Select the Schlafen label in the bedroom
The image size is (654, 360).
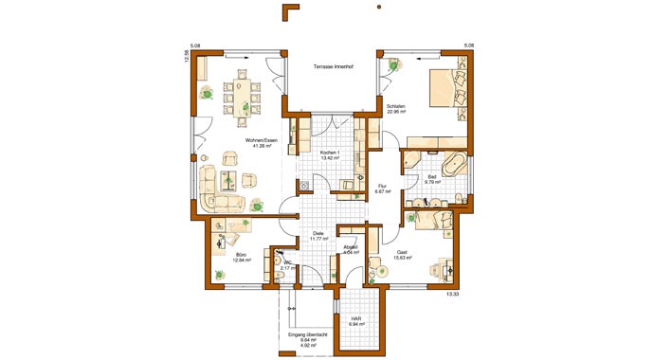(x=396, y=105)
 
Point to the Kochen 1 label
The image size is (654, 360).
(x=330, y=153)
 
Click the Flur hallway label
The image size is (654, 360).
(x=383, y=186)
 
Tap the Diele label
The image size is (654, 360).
(x=318, y=233)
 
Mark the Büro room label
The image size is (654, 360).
(x=242, y=254)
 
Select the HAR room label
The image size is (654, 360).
(x=356, y=318)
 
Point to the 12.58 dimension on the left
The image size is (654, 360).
(x=187, y=56)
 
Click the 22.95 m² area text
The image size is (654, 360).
(x=396, y=112)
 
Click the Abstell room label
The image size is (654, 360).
(x=351, y=248)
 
